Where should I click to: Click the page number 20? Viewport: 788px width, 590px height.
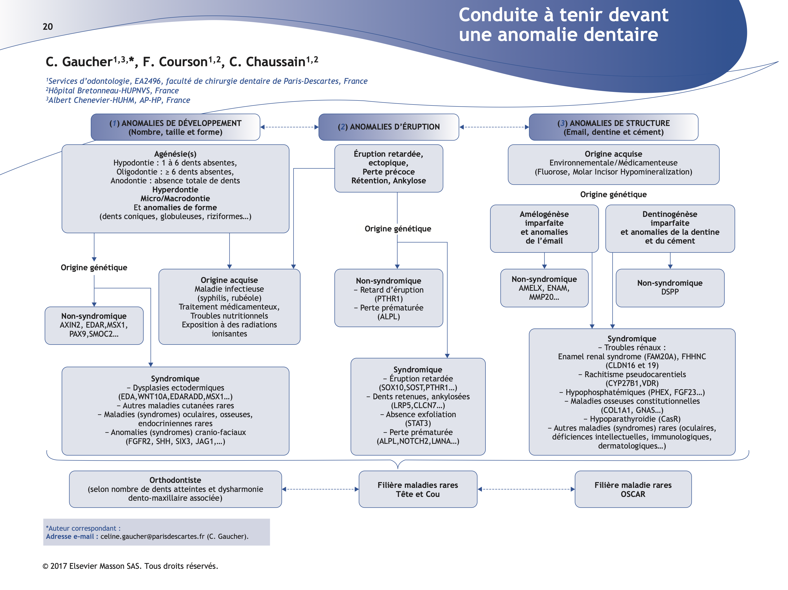coord(48,27)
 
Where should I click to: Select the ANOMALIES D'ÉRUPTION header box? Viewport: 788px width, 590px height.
coord(388,127)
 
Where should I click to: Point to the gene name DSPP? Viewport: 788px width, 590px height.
coord(670,292)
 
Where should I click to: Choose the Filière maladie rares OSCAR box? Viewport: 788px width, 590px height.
coord(633,489)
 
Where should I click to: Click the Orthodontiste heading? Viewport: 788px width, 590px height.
coord(175,480)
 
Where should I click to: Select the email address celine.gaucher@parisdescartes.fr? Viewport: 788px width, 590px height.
coord(152,536)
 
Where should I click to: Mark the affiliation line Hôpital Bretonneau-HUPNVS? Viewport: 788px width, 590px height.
coord(113,91)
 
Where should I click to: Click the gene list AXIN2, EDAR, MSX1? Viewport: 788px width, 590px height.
coord(94,325)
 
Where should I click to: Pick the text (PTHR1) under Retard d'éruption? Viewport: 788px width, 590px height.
coord(388,299)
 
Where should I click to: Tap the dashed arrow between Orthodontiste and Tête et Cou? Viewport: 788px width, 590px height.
coord(320,489)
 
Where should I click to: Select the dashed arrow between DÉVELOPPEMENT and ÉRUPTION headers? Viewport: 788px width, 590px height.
coord(289,127)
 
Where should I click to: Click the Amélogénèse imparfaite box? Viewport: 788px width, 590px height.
coord(544,228)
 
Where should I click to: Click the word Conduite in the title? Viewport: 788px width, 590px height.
coord(498,15)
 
